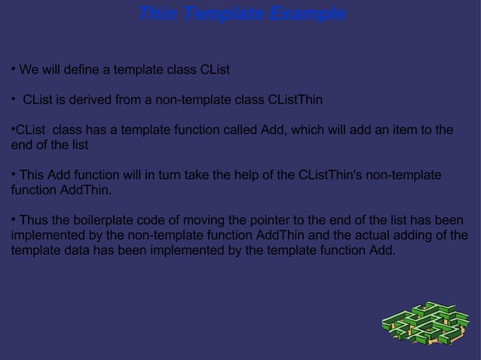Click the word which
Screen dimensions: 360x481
tap(305, 131)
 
